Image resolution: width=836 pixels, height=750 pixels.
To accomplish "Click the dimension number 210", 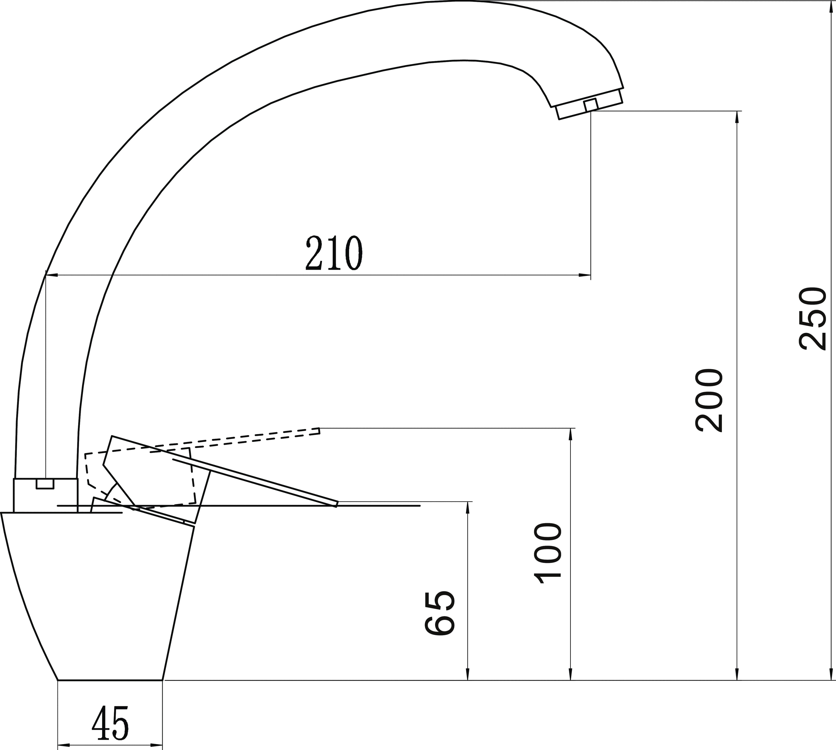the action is pos(334,253).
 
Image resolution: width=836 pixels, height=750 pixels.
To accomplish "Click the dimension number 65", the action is pos(440,613).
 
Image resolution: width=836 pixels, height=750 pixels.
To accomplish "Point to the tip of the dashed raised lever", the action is pos(319,431).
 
